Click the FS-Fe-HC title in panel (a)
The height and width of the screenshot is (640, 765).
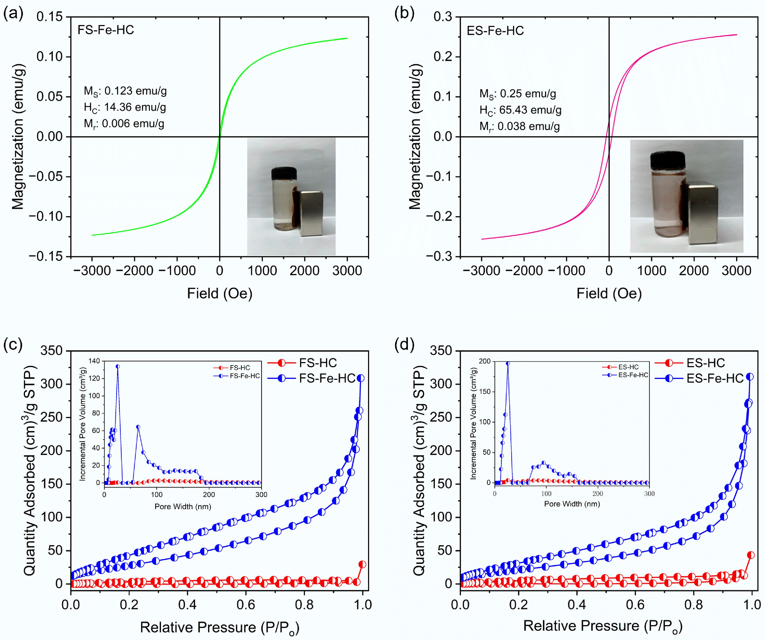tap(106, 30)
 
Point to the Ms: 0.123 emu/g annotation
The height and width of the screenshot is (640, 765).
tap(125, 91)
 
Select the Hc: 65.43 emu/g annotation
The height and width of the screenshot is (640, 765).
tap(520, 110)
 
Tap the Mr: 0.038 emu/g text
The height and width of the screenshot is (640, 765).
tap(520, 126)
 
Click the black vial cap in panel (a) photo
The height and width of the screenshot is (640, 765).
tap(284, 173)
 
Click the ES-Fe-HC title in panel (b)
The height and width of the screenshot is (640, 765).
tap(495, 31)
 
